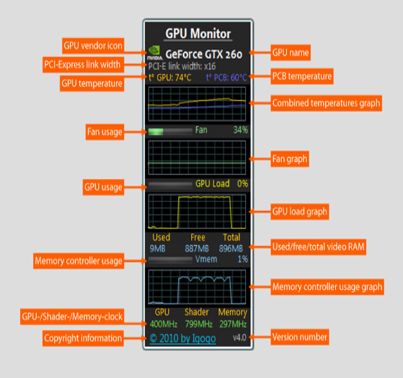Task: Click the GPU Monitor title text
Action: (198, 33)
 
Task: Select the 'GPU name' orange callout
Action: (291, 51)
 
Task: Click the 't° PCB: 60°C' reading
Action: (226, 76)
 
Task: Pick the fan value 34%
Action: (240, 130)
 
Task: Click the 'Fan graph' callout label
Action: (290, 158)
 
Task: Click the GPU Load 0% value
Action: (242, 184)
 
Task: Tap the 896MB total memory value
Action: (231, 248)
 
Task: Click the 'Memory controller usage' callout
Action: (78, 261)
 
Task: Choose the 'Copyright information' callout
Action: (83, 338)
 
